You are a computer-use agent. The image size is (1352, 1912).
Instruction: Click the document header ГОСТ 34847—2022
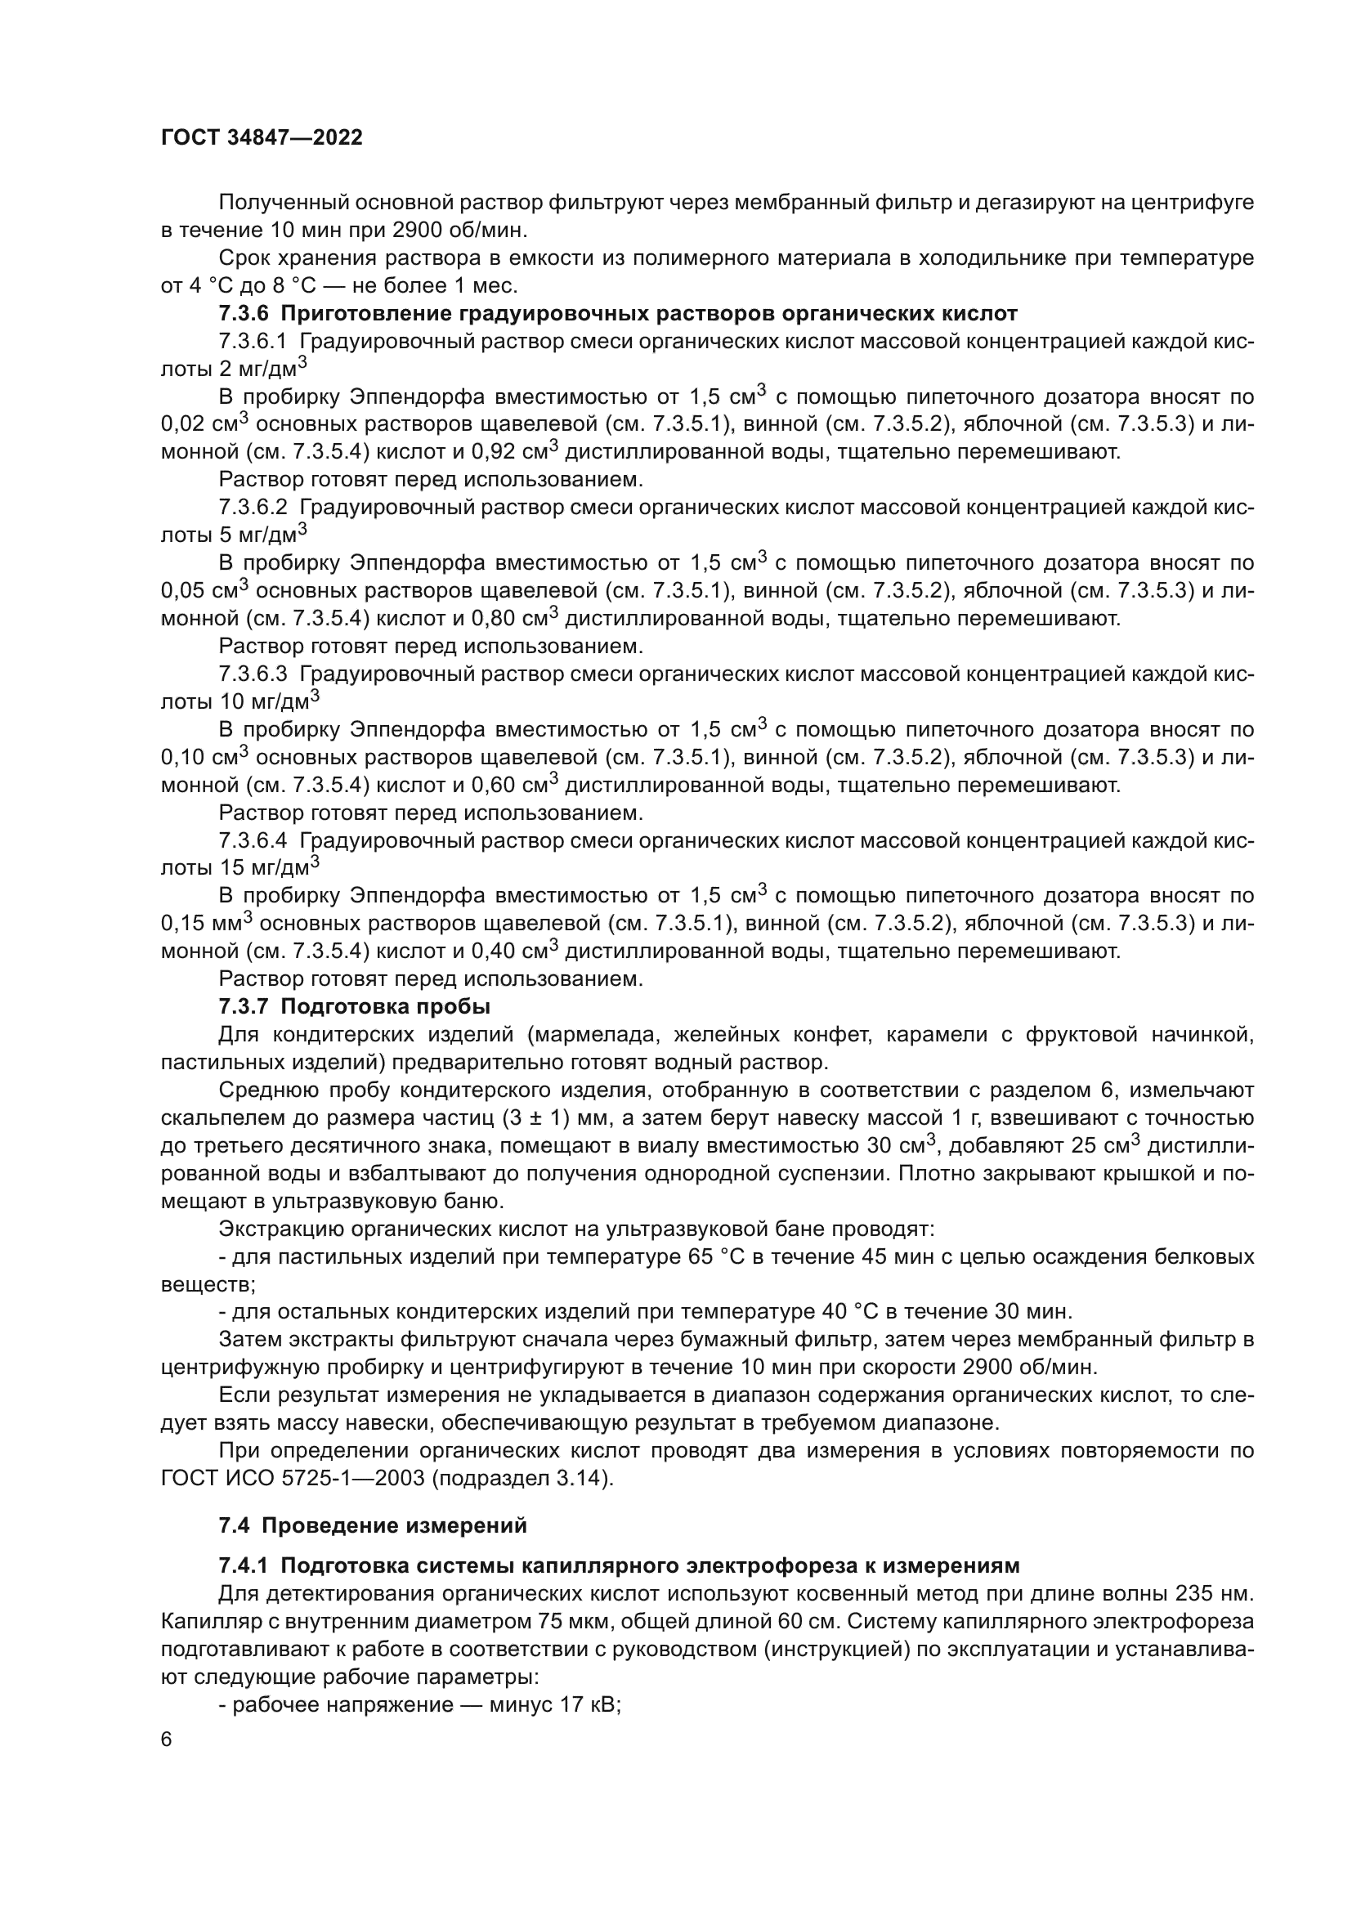[x=262, y=138]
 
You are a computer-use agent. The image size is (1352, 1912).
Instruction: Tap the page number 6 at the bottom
[x=167, y=1740]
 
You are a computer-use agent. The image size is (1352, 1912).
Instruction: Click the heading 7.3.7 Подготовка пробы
[x=355, y=1007]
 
